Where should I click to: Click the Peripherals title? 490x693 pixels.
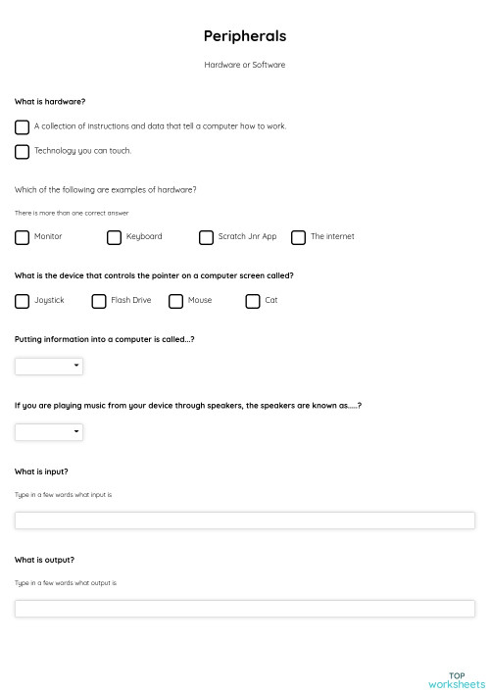(245, 36)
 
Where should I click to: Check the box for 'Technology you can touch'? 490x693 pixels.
(23, 151)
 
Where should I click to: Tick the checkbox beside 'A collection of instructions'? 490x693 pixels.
(23, 126)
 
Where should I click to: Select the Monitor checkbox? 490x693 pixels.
(23, 237)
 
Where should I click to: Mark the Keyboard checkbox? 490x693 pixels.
(115, 237)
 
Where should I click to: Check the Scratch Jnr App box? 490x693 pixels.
(207, 237)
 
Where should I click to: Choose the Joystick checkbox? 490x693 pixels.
(23, 301)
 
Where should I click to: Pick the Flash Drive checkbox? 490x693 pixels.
(99, 301)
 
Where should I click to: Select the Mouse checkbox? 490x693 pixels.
(176, 301)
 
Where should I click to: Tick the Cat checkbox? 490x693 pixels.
(253, 301)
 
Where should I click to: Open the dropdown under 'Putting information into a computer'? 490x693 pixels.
(49, 367)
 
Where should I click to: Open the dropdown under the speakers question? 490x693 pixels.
(49, 432)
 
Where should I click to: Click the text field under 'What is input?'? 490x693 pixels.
(245, 520)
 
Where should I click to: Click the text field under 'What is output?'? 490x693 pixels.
(245, 609)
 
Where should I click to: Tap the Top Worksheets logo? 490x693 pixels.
(457, 679)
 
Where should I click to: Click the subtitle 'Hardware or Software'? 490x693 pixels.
(245, 65)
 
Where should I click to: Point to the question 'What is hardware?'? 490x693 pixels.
(50, 102)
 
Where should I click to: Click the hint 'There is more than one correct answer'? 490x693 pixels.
(72, 213)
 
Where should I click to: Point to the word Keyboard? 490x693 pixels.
(144, 237)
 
